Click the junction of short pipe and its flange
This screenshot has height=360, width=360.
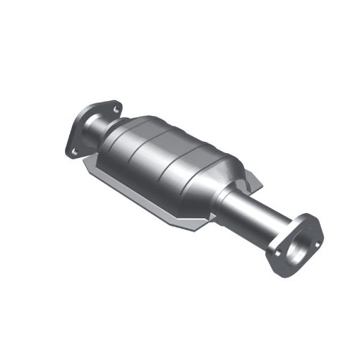point(90,128)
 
